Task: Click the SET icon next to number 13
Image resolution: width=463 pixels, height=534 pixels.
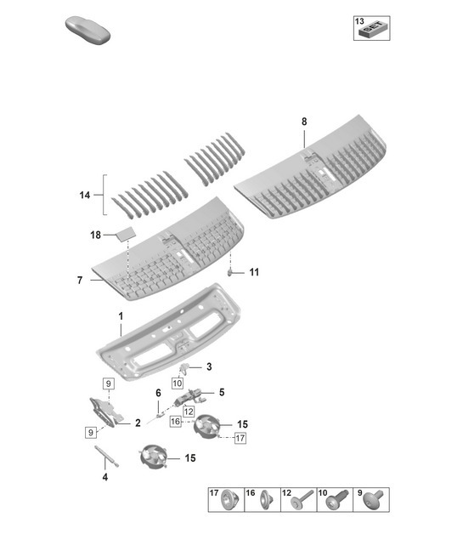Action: tap(371, 32)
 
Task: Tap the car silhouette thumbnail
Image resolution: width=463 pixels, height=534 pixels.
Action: tap(88, 31)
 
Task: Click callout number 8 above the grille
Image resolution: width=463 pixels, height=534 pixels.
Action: tap(304, 122)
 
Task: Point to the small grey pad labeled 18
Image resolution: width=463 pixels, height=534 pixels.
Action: tap(125, 231)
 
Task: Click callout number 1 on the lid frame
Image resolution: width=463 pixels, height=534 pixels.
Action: tap(121, 315)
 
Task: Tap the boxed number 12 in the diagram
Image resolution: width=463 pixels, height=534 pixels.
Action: tap(189, 412)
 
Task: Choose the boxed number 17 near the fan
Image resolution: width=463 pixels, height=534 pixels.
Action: tap(240, 439)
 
